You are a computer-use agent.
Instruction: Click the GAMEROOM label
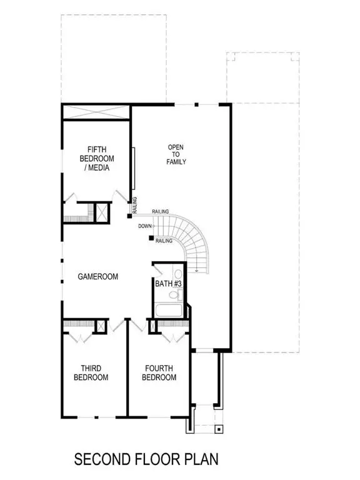98,276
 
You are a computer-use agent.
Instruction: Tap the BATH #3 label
168,284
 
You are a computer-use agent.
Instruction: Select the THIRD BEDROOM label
94,373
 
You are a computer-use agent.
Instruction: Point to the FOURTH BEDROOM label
159,373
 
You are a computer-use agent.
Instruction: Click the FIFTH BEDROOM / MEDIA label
97,159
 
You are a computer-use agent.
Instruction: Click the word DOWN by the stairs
144,226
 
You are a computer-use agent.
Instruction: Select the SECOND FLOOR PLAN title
147,460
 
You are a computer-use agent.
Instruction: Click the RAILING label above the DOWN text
161,212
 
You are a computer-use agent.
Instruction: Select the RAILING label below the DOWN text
164,241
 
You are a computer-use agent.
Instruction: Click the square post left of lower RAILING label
151,237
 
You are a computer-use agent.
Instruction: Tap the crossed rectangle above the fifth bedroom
96,113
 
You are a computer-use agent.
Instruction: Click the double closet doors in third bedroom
79,336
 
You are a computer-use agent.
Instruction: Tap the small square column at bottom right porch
218,429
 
